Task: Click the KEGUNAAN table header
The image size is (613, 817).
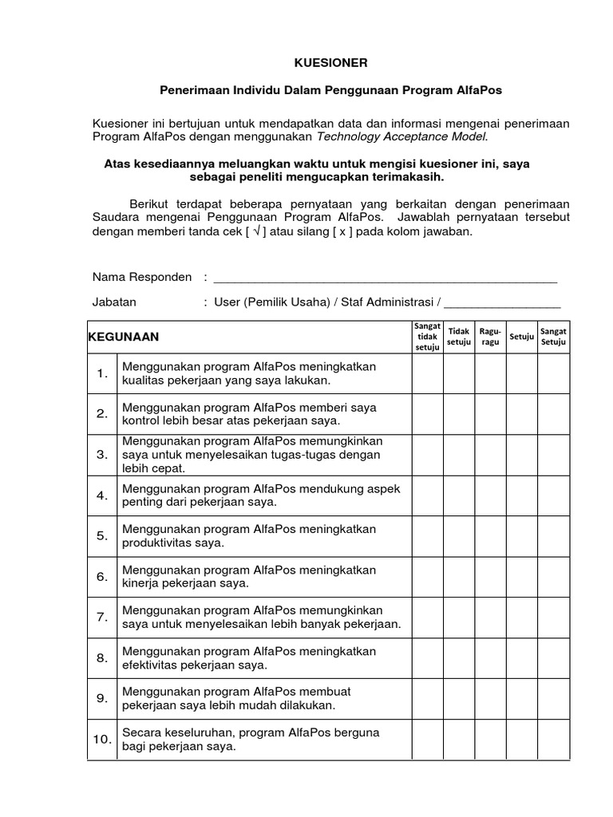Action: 124,337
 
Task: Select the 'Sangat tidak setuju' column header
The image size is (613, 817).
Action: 427,337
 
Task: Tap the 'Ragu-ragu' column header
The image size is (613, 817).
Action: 490,337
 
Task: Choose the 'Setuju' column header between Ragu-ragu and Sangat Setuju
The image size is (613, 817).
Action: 521,337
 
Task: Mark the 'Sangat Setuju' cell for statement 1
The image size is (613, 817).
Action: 553,373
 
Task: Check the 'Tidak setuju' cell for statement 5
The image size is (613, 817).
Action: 459,536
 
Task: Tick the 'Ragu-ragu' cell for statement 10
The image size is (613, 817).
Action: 490,740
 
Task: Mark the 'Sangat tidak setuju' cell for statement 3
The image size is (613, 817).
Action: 427,455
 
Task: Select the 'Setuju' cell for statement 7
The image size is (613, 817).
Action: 521,617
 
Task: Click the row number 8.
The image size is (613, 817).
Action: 102,658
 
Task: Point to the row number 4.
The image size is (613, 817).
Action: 102,495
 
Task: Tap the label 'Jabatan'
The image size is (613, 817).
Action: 114,302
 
